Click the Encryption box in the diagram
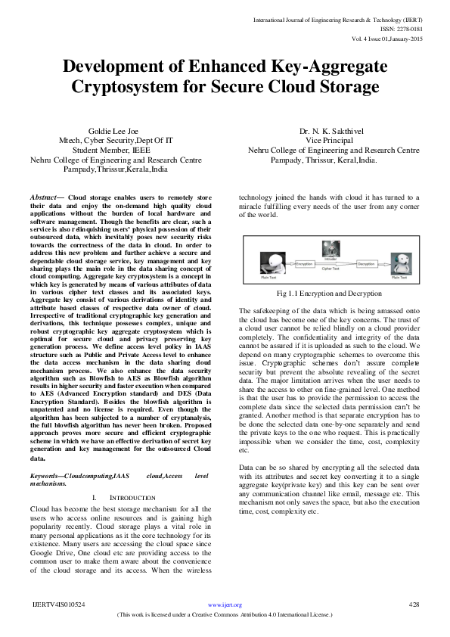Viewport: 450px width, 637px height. pos(305,263)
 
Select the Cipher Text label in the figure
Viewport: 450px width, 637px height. pos(330,269)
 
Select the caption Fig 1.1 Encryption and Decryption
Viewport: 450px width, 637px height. pos(329,293)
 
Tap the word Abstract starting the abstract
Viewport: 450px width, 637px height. pos(45,197)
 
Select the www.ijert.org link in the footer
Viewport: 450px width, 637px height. pos(225,605)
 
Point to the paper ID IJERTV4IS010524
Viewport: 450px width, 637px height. pos(58,605)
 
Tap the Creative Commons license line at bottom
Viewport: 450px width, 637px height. pos(225,615)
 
